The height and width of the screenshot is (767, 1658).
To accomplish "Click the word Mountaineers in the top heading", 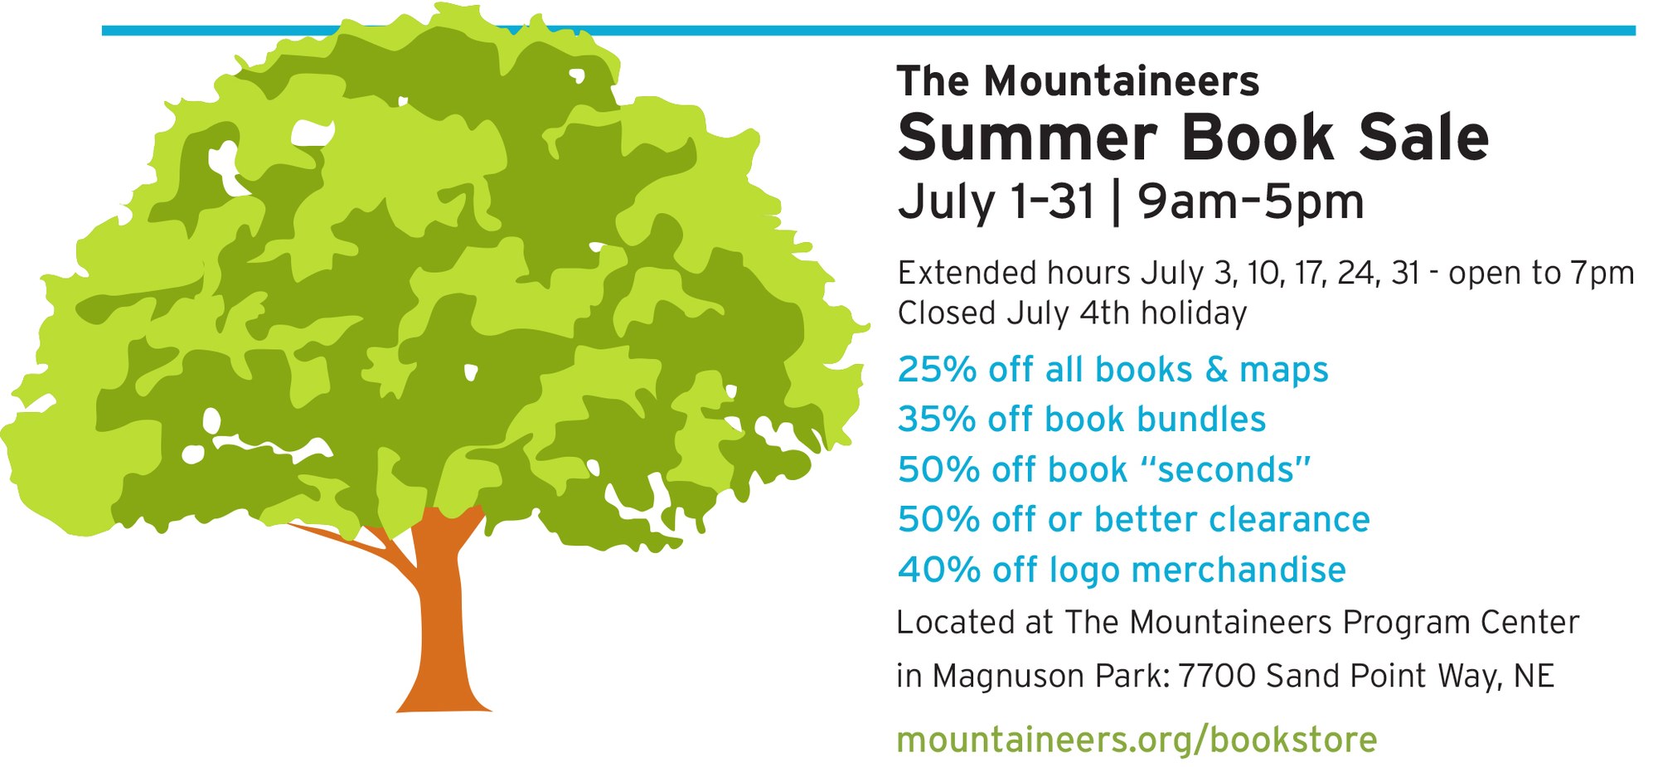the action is tap(1122, 81).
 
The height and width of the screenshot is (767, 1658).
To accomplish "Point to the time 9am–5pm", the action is tap(1250, 201).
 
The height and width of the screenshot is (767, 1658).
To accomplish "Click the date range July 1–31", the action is tap(996, 201).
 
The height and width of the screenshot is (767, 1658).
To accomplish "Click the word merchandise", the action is tap(1239, 570).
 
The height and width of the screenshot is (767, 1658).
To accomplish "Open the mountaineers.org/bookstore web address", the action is tap(1137, 740).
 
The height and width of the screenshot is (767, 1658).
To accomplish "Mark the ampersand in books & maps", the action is tap(1216, 370).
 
